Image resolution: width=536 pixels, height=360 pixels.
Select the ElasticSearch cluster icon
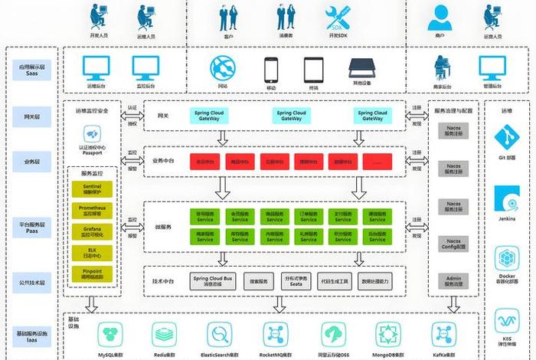[220, 334]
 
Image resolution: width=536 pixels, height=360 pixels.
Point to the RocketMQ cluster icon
[276, 334]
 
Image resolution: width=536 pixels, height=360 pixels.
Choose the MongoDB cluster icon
[387, 334]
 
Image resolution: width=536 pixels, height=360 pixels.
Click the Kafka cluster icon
[444, 334]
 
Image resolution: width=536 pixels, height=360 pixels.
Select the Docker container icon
[508, 257]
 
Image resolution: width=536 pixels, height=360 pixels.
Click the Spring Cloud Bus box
[212, 282]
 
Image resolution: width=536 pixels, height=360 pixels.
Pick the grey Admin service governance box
[453, 281]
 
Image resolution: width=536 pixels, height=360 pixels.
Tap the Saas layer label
[31, 70]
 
